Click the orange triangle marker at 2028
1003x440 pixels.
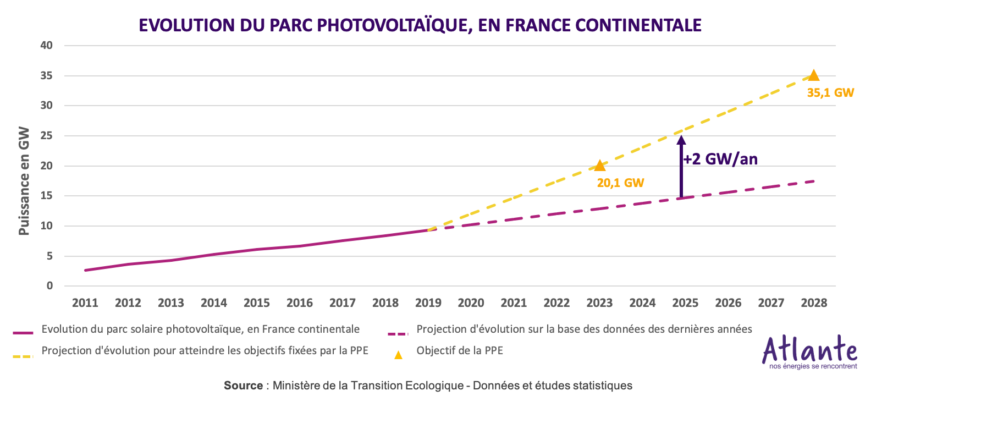pos(814,76)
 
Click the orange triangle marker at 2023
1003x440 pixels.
pos(600,166)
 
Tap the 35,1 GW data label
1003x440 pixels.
pos(830,93)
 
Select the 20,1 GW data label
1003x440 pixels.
pos(620,183)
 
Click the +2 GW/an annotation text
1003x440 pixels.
pos(720,159)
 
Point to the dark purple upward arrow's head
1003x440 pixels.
pos(681,140)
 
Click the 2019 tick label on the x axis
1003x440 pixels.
pos(428,303)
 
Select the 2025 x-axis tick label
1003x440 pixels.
pos(685,303)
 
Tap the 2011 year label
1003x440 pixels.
pos(85,303)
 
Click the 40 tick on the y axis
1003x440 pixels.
pos(47,46)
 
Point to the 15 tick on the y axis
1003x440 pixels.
pos(47,196)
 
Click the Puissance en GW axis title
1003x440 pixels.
pos(24,181)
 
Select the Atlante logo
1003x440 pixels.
pos(809,352)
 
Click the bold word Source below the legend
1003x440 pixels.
pos(243,386)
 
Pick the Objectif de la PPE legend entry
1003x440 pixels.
pos(460,351)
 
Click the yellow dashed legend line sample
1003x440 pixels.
pos(23,356)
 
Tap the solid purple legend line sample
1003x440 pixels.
pos(23,333)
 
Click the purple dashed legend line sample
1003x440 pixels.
pos(398,334)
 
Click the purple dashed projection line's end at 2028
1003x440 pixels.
pos(813,182)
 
